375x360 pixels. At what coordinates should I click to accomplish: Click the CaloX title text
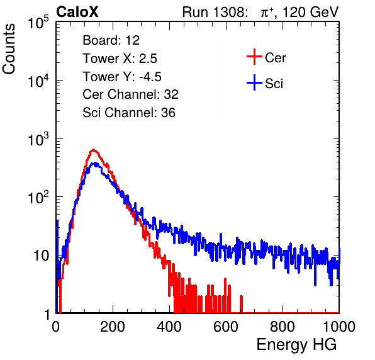[x=77, y=12]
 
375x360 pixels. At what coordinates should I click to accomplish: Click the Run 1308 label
[x=215, y=12]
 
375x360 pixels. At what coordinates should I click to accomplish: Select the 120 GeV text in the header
[x=311, y=12]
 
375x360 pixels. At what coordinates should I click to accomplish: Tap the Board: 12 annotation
[x=111, y=40]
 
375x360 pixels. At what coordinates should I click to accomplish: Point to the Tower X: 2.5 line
[x=120, y=59]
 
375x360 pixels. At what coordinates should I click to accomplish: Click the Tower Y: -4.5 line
[x=122, y=77]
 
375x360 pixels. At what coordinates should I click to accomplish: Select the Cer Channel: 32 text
[x=131, y=94]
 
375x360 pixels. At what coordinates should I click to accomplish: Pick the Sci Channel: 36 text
[x=129, y=113]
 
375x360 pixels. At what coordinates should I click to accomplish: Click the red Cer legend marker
[x=254, y=57]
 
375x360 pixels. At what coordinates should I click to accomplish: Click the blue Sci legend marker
[x=254, y=83]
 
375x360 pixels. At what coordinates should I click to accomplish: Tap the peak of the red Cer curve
[x=94, y=150]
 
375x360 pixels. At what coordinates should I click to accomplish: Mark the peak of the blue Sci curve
[x=96, y=164]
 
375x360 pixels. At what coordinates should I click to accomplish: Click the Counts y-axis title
[x=9, y=49]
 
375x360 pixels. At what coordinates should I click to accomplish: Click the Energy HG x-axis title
[x=296, y=345]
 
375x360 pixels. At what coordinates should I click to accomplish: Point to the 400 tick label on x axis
[x=169, y=327]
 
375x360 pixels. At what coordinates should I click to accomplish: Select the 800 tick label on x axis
[x=283, y=327]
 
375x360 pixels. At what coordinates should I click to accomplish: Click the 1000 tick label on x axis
[x=339, y=327]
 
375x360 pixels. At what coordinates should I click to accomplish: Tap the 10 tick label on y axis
[x=42, y=256]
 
